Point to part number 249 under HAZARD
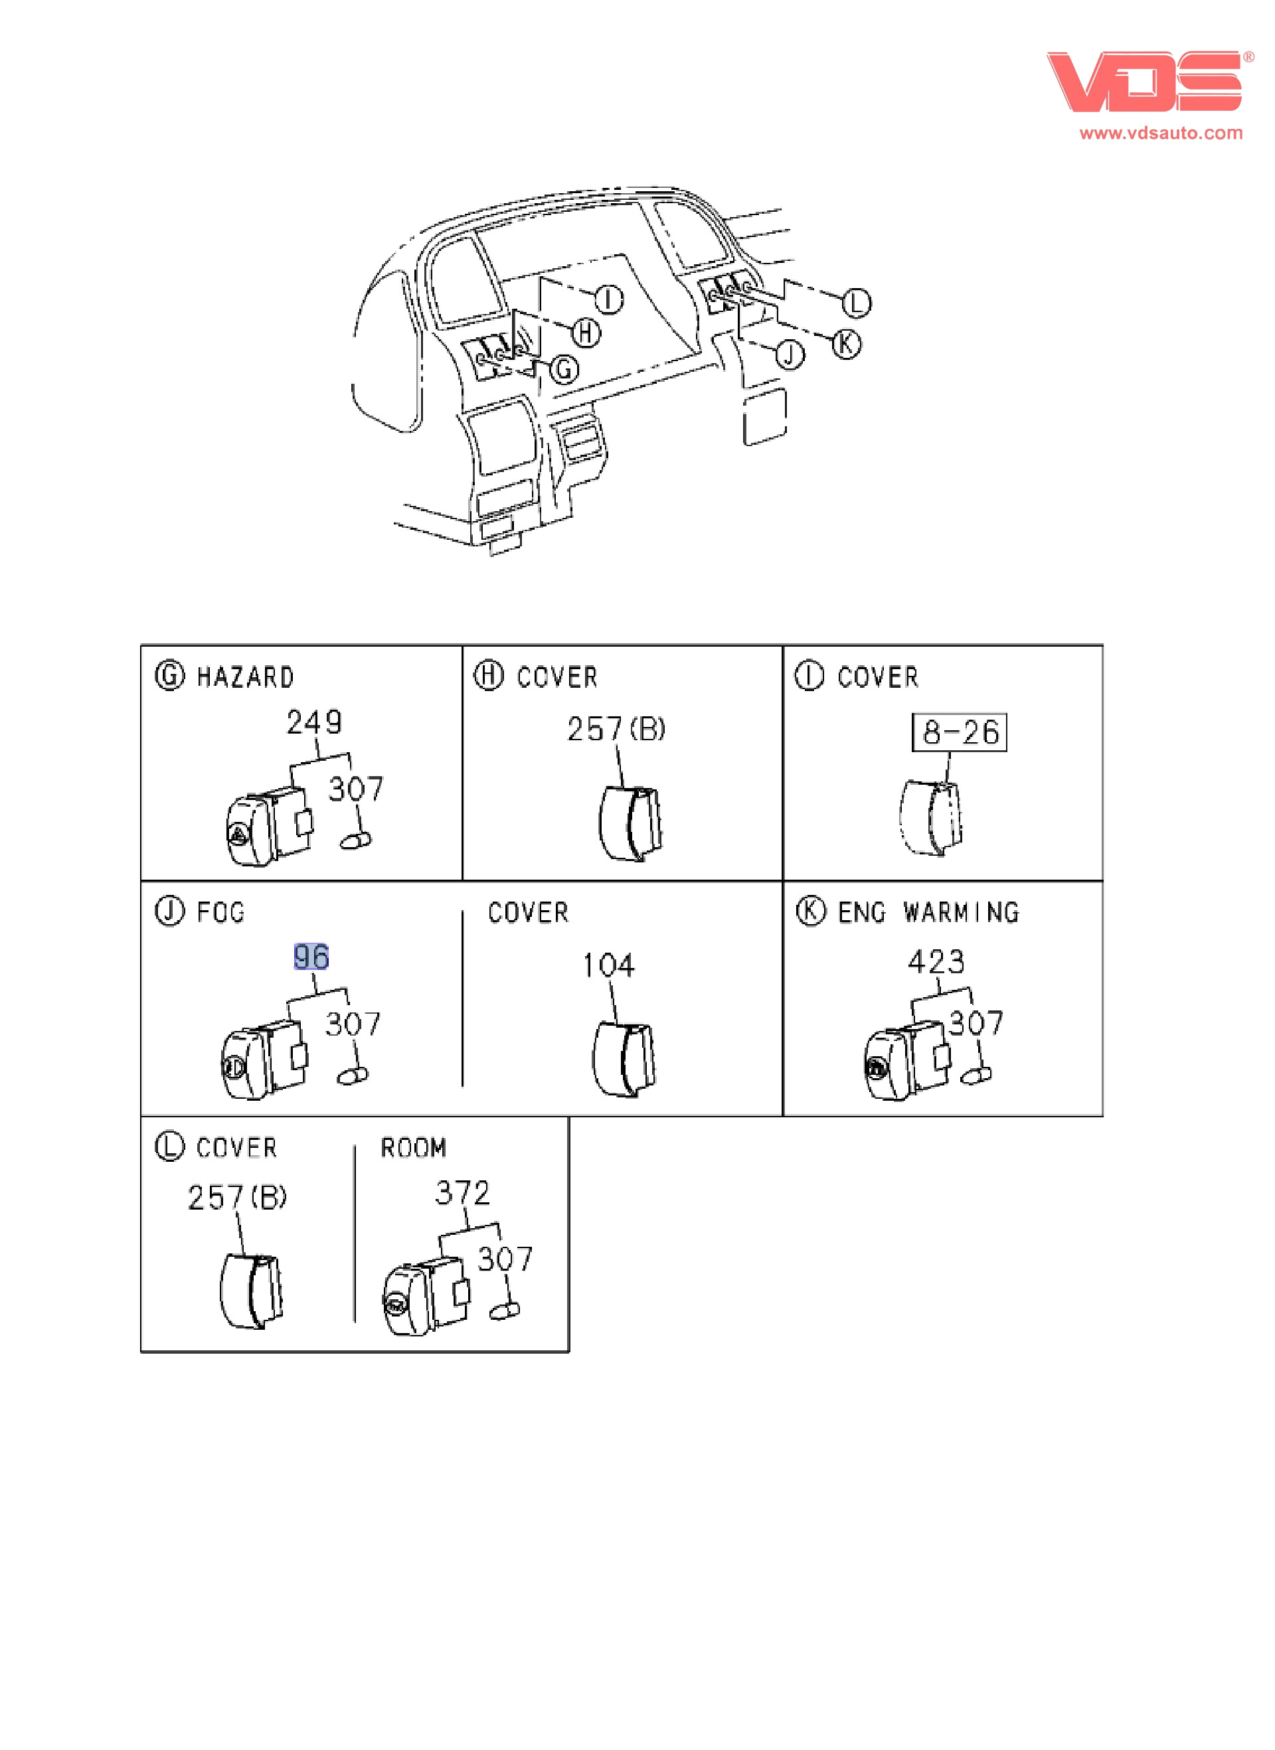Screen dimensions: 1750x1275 pos(313,722)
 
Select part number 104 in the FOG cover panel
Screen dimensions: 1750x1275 pos(608,965)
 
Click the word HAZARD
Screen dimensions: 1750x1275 pos(246,677)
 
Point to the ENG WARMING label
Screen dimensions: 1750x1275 pos(928,913)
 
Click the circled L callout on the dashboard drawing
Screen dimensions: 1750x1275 pos(856,303)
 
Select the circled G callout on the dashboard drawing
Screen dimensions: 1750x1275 pos(565,370)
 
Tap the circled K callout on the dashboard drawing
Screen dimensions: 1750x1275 pos(846,343)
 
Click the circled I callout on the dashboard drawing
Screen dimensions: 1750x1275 pos(609,299)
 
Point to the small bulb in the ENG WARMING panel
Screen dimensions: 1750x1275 pos(976,1074)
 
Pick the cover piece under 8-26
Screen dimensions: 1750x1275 pos(931,819)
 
